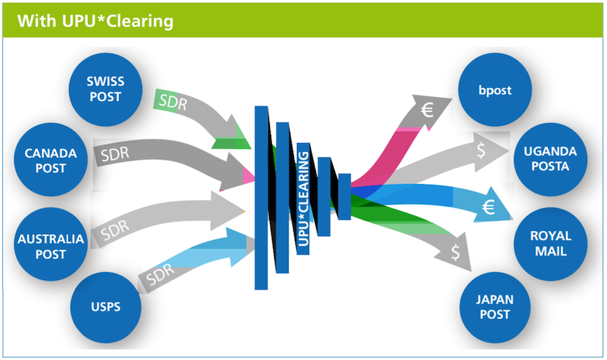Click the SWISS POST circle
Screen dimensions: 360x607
pos(106,89)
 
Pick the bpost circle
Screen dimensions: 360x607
pos(494,91)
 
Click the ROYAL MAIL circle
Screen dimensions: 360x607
pos(551,244)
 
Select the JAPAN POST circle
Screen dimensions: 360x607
pos(494,307)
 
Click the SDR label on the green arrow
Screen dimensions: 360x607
pos(172,103)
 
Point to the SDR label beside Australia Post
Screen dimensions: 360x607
pos(115,232)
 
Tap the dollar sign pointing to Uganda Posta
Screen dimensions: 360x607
pos(482,152)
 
